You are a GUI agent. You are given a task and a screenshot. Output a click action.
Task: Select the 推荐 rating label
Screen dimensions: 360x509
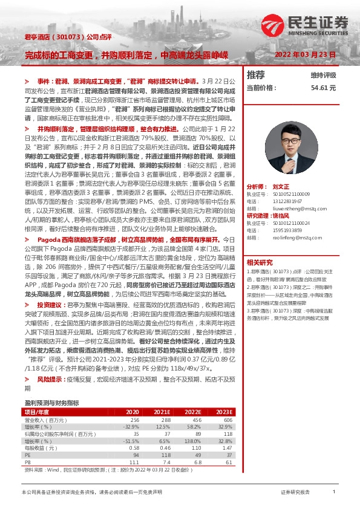coord(256,75)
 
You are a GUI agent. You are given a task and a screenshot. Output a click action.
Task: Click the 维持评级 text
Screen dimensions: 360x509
coord(323,76)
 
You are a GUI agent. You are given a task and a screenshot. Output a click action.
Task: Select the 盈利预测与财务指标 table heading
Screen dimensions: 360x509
coord(51,384)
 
